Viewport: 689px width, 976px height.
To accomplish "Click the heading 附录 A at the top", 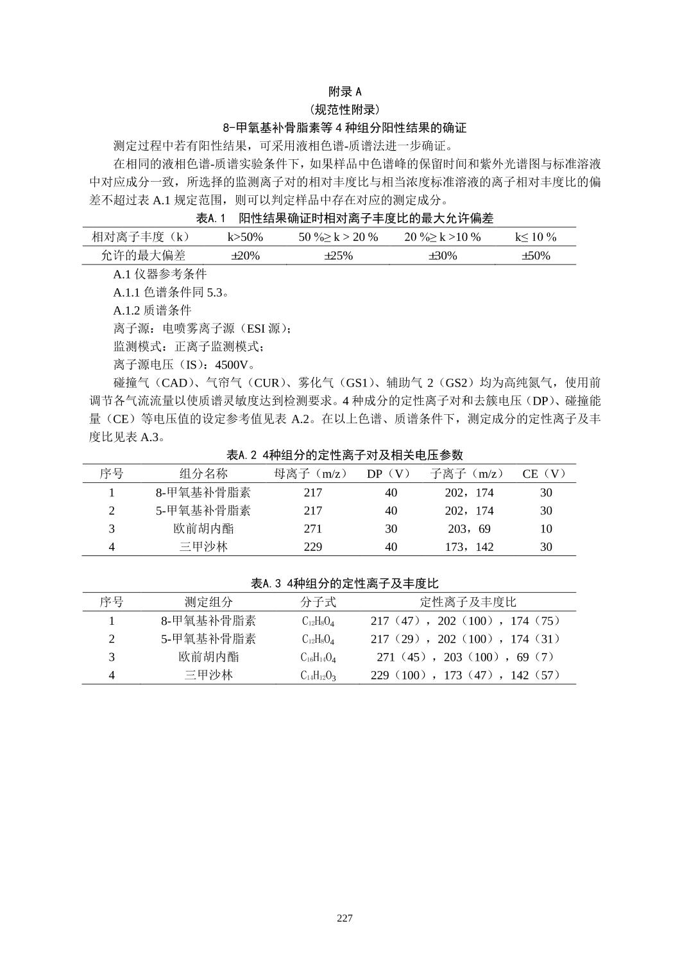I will (x=344, y=91).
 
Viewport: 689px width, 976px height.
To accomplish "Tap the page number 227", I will (x=344, y=918).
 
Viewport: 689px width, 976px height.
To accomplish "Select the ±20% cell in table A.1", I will (x=245, y=256).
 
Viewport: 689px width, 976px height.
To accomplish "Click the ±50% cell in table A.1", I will (x=536, y=256).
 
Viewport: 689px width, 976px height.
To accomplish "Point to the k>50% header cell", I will (x=245, y=237).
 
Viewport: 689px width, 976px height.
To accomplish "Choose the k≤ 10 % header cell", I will (x=536, y=237).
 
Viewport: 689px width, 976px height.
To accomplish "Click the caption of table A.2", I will (x=344, y=455).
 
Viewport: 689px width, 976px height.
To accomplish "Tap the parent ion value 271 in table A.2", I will (x=312, y=529).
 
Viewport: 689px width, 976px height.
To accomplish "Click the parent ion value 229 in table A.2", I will (x=312, y=547).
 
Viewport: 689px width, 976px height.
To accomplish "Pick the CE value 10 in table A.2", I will (x=546, y=529).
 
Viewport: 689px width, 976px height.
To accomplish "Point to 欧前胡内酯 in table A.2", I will (x=203, y=529).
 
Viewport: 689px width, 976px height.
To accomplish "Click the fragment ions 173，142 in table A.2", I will (x=469, y=547).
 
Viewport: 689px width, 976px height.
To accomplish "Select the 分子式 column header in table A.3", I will (x=318, y=602).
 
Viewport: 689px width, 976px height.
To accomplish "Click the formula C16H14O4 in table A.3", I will (x=318, y=658).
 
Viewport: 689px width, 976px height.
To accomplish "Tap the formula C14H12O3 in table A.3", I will (x=318, y=675).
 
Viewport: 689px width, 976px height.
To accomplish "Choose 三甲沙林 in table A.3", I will (x=208, y=675).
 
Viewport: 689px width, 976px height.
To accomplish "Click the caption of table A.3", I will (x=344, y=584).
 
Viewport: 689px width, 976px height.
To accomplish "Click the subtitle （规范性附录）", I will (x=344, y=109).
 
